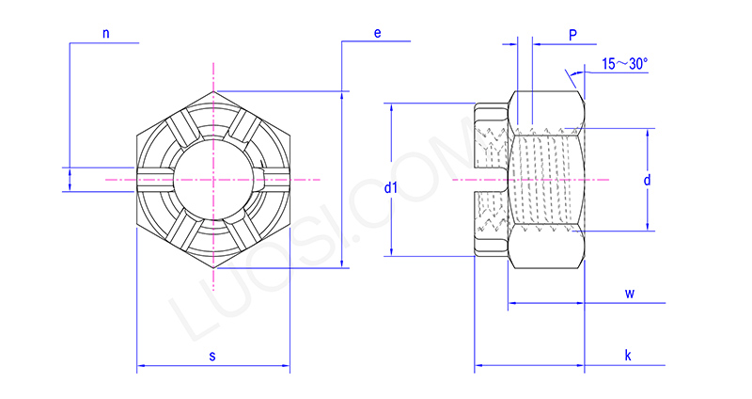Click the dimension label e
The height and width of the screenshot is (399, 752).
tap(377, 33)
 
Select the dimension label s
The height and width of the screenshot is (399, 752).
tap(212, 356)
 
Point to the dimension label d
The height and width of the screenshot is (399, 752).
tap(648, 179)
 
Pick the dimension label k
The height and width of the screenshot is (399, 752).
tap(628, 355)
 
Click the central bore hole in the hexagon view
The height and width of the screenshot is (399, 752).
tap(214, 178)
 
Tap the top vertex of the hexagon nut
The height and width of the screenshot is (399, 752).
tap(214, 90)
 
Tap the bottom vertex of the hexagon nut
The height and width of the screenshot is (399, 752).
tap(214, 267)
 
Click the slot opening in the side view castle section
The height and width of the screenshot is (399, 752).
tap(491, 179)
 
